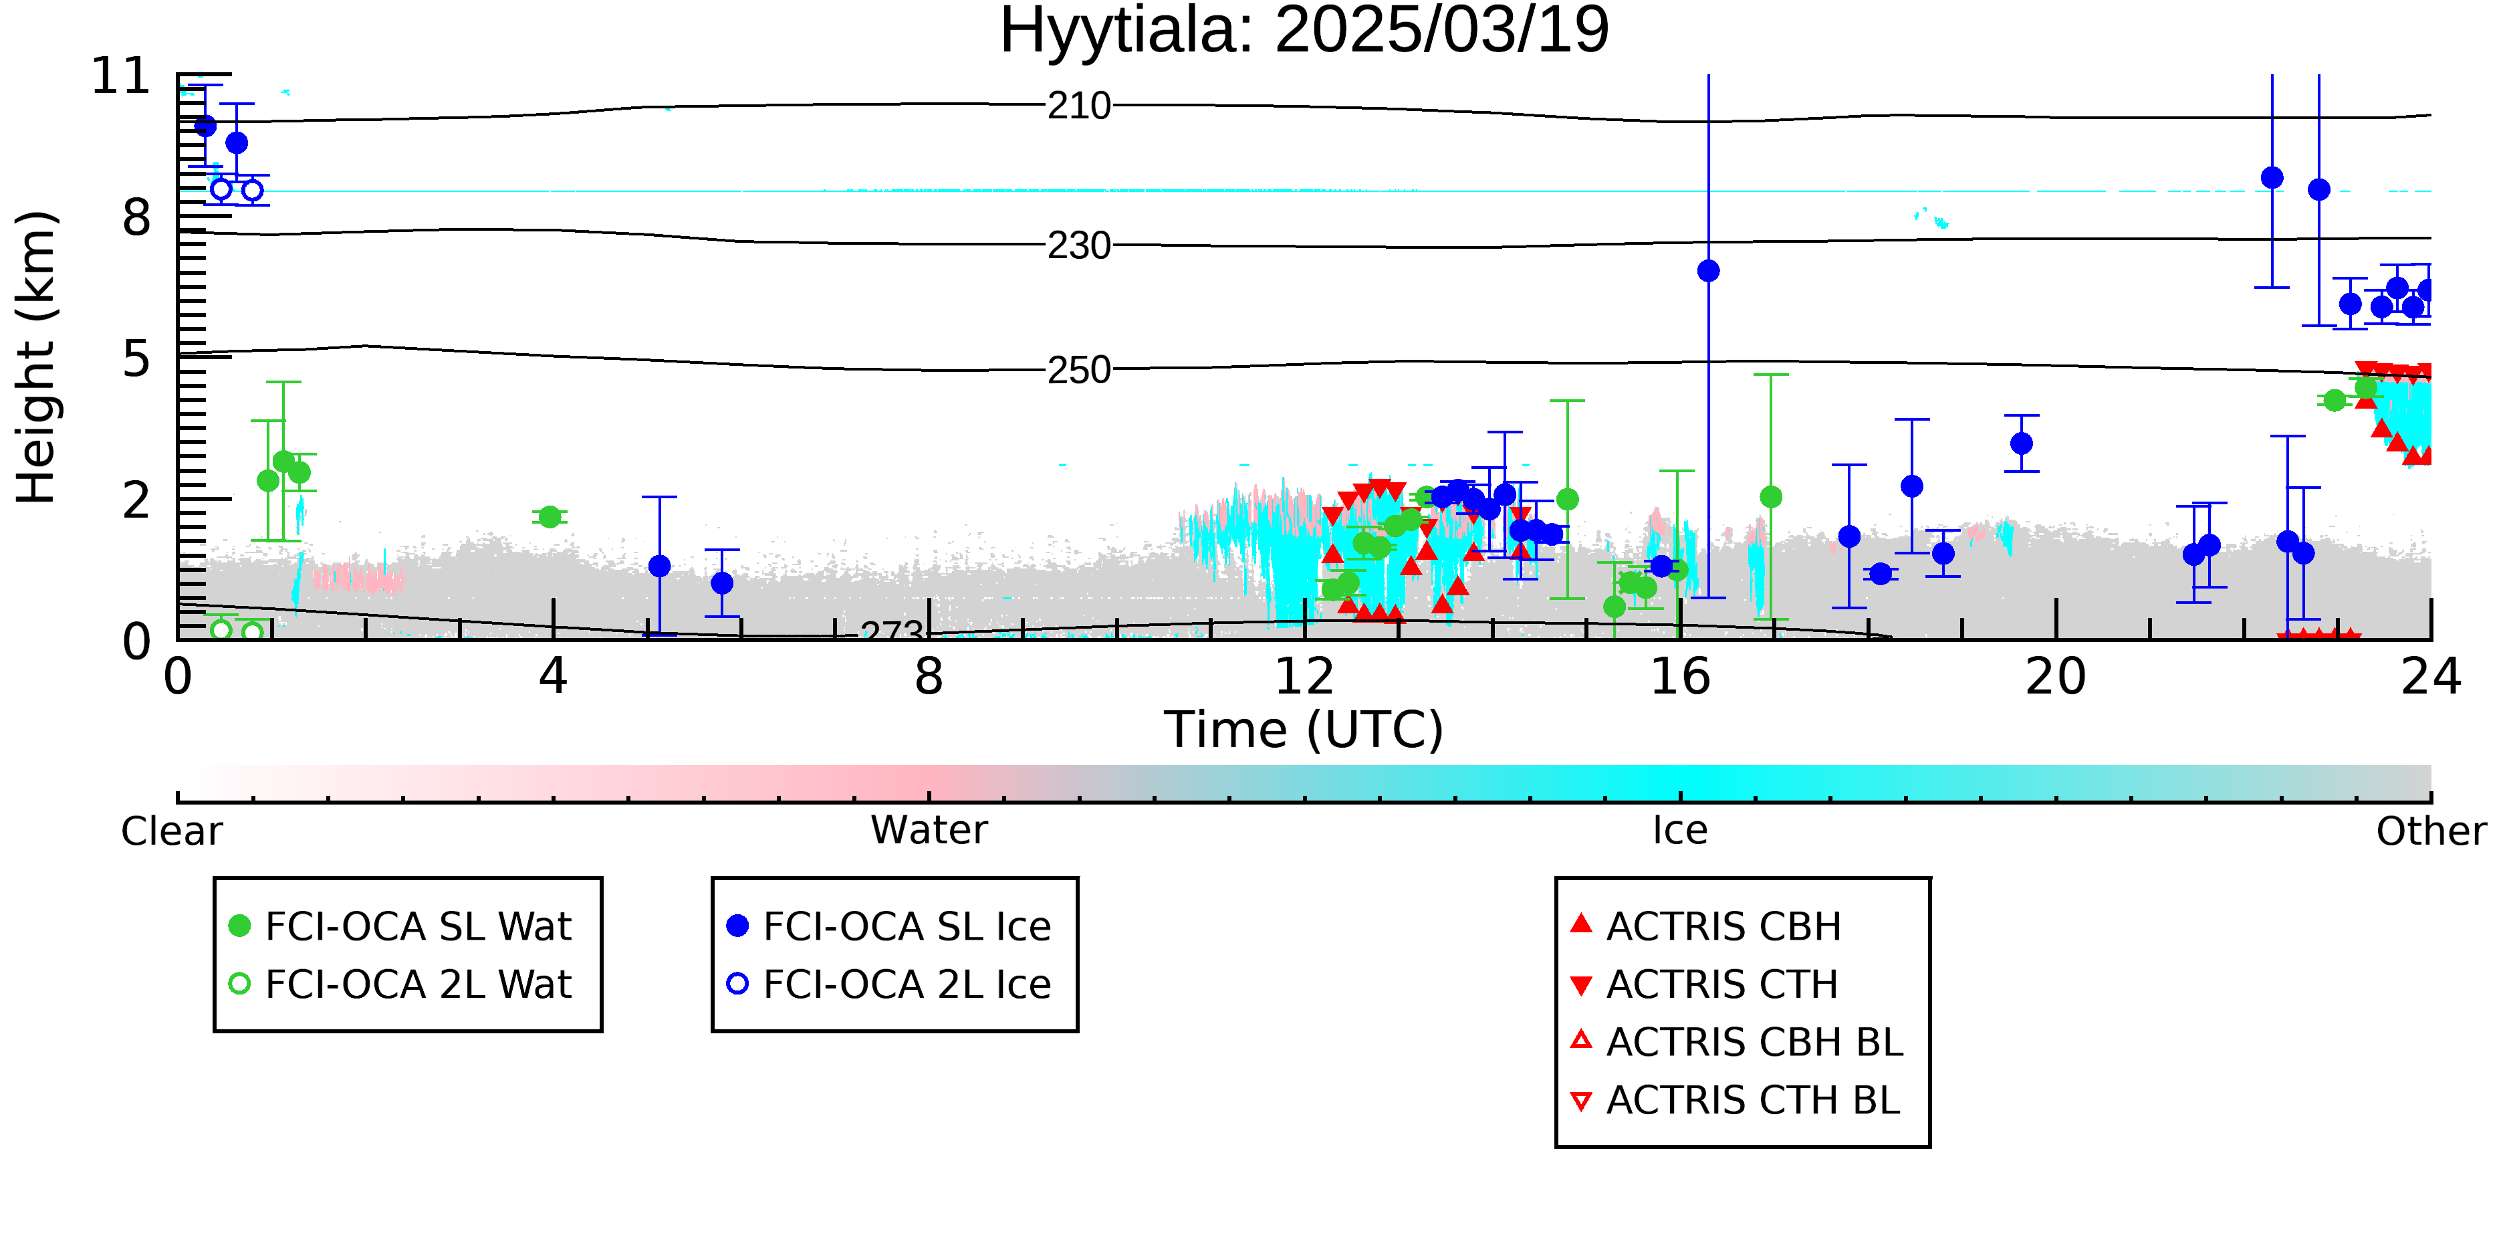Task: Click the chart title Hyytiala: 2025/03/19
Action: [1304, 31]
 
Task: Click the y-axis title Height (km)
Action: [37, 357]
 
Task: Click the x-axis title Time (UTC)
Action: [1304, 730]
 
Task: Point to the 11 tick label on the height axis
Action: [121, 76]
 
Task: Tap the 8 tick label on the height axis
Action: [137, 218]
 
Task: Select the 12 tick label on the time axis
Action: [1304, 677]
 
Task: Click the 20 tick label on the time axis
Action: [2056, 677]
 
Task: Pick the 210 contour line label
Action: [1079, 105]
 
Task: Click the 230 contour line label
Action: [1079, 245]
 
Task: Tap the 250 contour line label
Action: [1079, 370]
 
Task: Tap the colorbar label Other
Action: [2431, 831]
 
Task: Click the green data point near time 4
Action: [550, 517]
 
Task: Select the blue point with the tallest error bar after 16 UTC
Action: [1708, 271]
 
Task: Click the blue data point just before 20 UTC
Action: [2022, 443]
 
